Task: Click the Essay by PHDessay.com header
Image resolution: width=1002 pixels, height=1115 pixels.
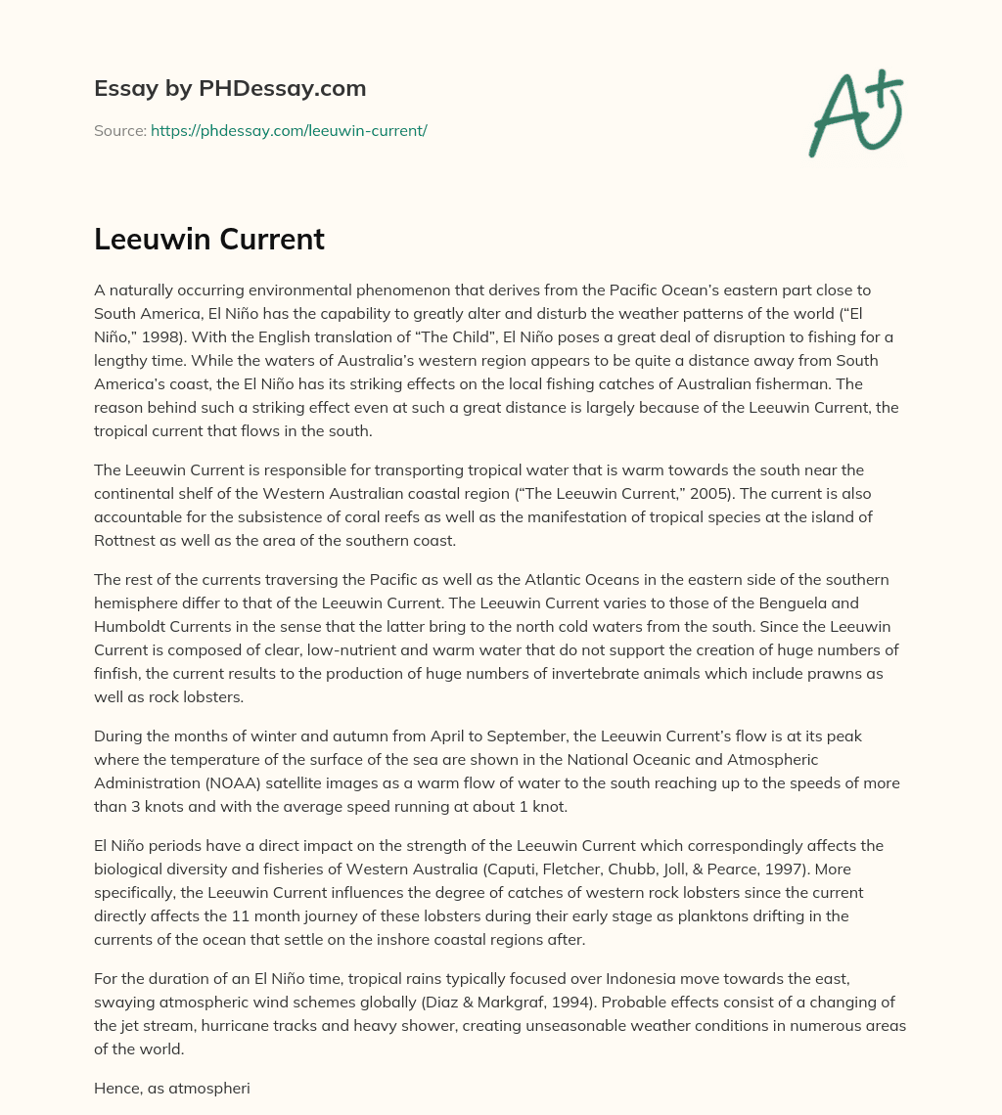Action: [x=230, y=89]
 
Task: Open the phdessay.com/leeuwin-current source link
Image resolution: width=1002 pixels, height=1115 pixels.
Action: [x=289, y=130]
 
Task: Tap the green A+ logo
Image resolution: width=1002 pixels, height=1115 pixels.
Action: [x=854, y=112]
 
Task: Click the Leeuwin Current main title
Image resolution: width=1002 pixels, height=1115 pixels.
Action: [x=209, y=240]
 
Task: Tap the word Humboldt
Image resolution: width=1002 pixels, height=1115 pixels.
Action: [x=132, y=625]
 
